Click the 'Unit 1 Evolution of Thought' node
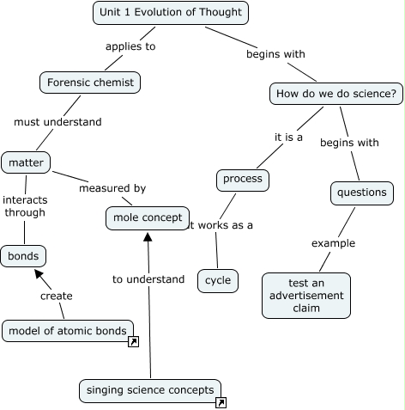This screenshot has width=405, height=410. pyautogui.click(x=171, y=13)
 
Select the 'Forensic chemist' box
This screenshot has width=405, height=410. pyautogui.click(x=90, y=83)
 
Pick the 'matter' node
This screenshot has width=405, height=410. pyautogui.click(x=26, y=162)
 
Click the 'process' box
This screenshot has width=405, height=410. pyautogui.click(x=242, y=180)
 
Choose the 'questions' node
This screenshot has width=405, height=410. pyautogui.click(x=361, y=193)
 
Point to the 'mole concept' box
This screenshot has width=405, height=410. pyautogui.click(x=147, y=218)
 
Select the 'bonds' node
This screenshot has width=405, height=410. pyautogui.click(x=23, y=256)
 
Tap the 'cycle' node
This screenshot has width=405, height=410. pyautogui.click(x=218, y=280)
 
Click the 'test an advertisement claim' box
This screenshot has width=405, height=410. pyautogui.click(x=305, y=295)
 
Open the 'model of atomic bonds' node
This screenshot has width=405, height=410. pyautogui.click(x=68, y=330)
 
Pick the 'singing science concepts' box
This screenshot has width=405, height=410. pyautogui.click(x=149, y=390)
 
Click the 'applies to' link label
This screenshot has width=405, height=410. pyautogui.click(x=130, y=46)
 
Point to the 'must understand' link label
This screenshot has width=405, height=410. pyautogui.click(x=57, y=122)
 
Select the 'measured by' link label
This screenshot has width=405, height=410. pyautogui.click(x=112, y=188)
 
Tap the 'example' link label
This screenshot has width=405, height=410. pyautogui.click(x=332, y=243)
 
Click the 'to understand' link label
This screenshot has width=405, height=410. pyautogui.click(x=148, y=279)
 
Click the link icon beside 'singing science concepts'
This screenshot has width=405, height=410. pyautogui.click(x=221, y=401)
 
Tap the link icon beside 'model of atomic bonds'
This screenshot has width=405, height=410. pyautogui.click(x=133, y=342)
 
